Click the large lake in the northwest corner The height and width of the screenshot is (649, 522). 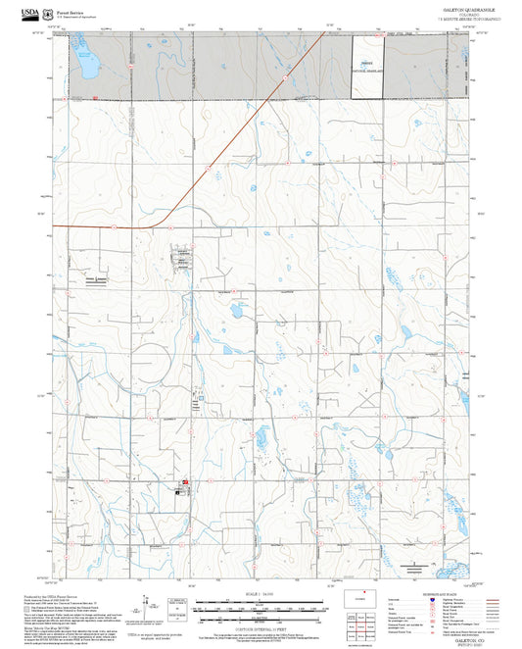[x=88, y=64]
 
